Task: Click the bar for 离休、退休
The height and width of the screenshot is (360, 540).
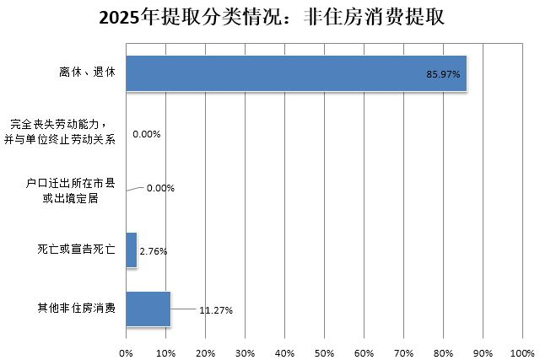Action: (295, 74)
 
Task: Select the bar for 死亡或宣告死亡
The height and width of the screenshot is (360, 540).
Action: (131, 250)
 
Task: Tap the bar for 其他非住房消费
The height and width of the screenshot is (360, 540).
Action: (148, 309)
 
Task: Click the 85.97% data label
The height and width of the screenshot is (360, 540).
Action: (443, 75)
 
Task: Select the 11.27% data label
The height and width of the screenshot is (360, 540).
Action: (216, 310)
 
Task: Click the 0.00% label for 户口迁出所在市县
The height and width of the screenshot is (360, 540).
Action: (160, 188)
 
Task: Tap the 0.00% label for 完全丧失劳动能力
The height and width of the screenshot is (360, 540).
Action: (146, 134)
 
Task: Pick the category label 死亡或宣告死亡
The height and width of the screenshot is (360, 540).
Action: (76, 250)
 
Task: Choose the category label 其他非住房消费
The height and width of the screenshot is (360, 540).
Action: (76, 309)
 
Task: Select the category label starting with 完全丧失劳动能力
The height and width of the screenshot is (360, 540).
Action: (65, 132)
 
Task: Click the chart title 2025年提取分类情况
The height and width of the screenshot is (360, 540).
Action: (270, 18)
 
